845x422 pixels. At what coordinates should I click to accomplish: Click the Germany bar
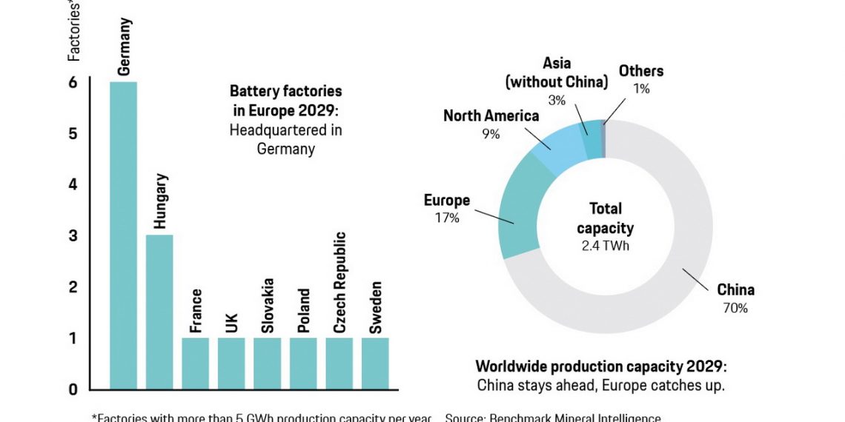[123, 235]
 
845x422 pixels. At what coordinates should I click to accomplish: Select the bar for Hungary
[159, 312]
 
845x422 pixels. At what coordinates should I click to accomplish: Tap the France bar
[196, 363]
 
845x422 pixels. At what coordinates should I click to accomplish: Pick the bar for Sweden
[375, 363]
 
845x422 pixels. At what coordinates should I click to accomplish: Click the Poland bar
[303, 363]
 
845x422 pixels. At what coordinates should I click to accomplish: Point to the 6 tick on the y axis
[73, 82]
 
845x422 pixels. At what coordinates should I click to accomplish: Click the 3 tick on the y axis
[73, 235]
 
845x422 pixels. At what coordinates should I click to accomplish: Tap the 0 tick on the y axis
[73, 389]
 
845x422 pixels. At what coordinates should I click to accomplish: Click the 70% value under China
[735, 308]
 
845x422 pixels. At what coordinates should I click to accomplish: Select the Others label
[641, 72]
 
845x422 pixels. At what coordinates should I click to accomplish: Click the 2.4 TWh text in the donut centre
[606, 246]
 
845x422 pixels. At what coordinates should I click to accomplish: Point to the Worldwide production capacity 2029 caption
[601, 366]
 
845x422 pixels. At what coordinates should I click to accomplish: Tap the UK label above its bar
[231, 324]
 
